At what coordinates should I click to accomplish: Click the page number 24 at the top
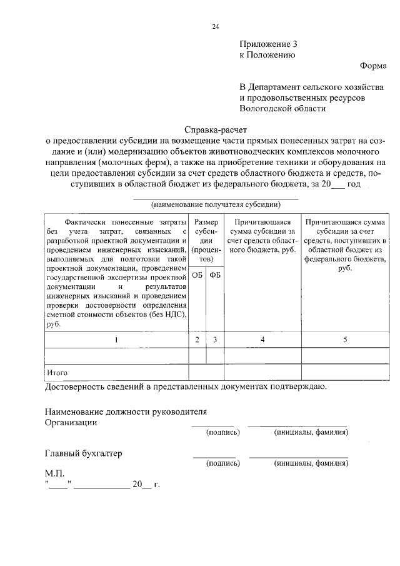point(215,26)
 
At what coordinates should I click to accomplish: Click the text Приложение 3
point(265,44)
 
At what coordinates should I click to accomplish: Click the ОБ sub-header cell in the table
point(197,275)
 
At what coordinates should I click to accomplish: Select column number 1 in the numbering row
point(116,340)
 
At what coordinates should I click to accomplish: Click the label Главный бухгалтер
point(83,453)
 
